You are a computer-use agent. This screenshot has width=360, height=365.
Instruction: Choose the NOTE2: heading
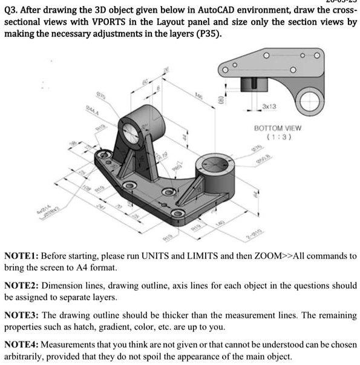pyautogui.click(x=22, y=286)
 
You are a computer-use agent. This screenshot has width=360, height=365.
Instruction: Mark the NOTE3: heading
pyautogui.click(x=22, y=316)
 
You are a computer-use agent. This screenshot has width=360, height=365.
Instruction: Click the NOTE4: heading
pyautogui.click(x=22, y=345)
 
